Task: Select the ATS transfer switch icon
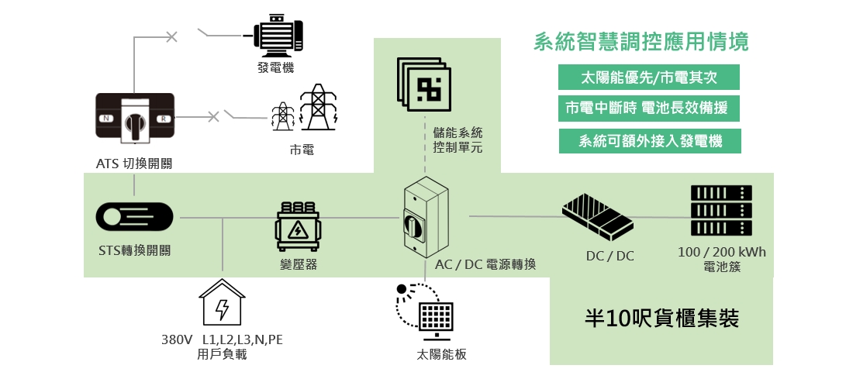click(x=135, y=118)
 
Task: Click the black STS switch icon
click(x=133, y=218)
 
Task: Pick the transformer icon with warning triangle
click(x=298, y=226)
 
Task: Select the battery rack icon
click(x=721, y=210)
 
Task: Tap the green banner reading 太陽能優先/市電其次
click(x=648, y=78)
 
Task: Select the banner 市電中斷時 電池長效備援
click(x=648, y=108)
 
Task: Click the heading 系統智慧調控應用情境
click(x=641, y=42)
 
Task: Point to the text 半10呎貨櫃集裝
click(x=661, y=319)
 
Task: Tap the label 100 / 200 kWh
click(x=721, y=253)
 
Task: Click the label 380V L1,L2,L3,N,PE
click(x=222, y=340)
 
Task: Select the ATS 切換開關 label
click(x=134, y=164)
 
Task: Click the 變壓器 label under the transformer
click(x=298, y=265)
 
